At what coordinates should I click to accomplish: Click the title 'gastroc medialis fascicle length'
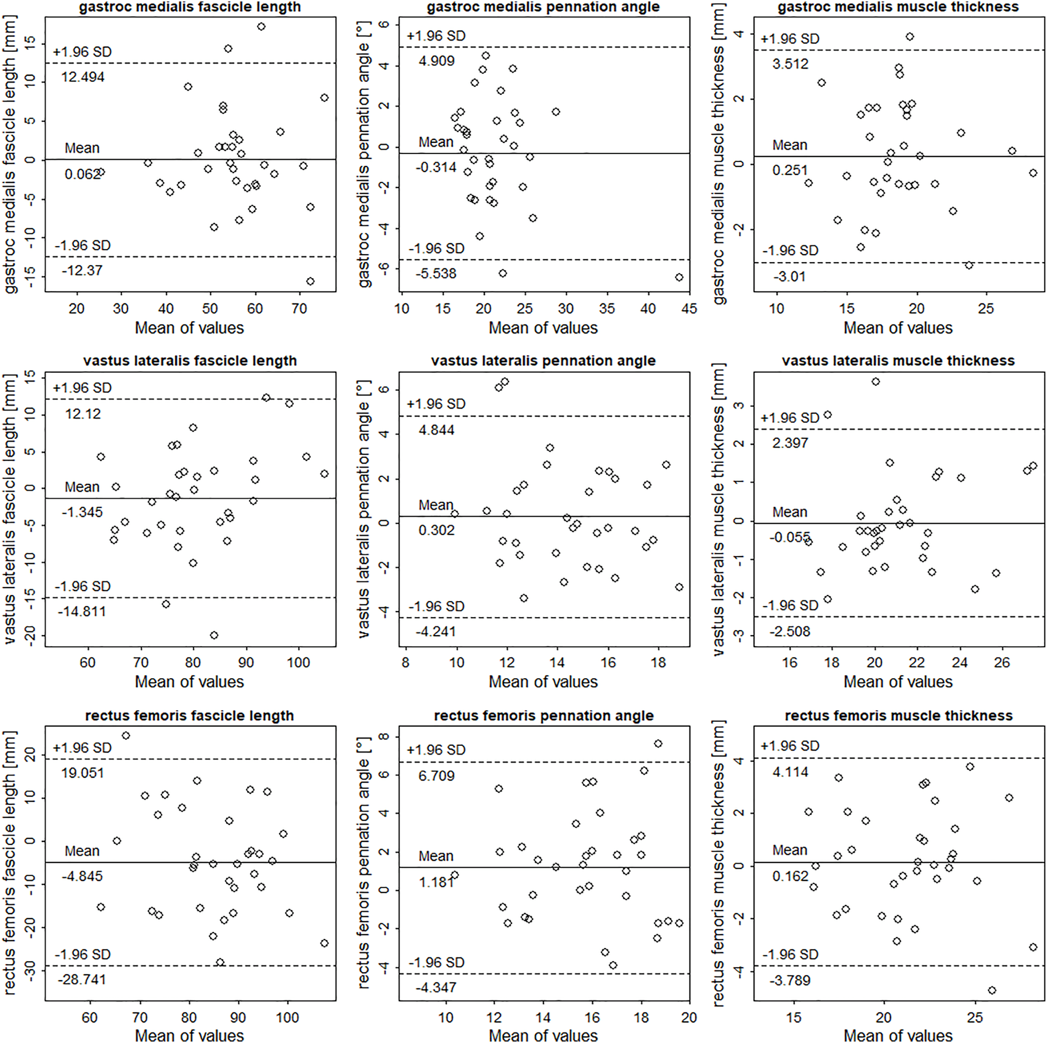[190, 7]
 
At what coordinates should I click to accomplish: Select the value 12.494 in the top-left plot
[83, 77]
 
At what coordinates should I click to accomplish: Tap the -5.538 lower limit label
[436, 274]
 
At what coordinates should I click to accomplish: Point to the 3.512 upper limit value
[790, 64]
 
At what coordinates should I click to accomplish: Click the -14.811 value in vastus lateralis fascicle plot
[82, 611]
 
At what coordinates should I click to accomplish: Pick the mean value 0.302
[436, 530]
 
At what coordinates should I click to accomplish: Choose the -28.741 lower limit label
[82, 980]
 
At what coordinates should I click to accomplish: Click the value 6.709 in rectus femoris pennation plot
[436, 776]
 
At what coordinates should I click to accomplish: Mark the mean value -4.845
[82, 877]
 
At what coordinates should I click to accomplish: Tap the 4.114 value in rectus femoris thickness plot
[790, 772]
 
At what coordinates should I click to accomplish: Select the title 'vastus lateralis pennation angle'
[543, 361]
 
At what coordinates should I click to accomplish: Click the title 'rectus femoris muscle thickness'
[898, 716]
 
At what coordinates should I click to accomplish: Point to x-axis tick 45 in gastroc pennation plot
[689, 309]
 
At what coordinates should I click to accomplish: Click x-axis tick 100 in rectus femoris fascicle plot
[287, 1017]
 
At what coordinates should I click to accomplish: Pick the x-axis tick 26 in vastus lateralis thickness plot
[1002, 663]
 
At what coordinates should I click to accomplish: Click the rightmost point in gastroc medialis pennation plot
[679, 277]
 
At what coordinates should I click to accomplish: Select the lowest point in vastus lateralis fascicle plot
[214, 636]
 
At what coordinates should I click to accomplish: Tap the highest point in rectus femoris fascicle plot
[126, 736]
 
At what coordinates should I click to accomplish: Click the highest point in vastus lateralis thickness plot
[876, 382]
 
